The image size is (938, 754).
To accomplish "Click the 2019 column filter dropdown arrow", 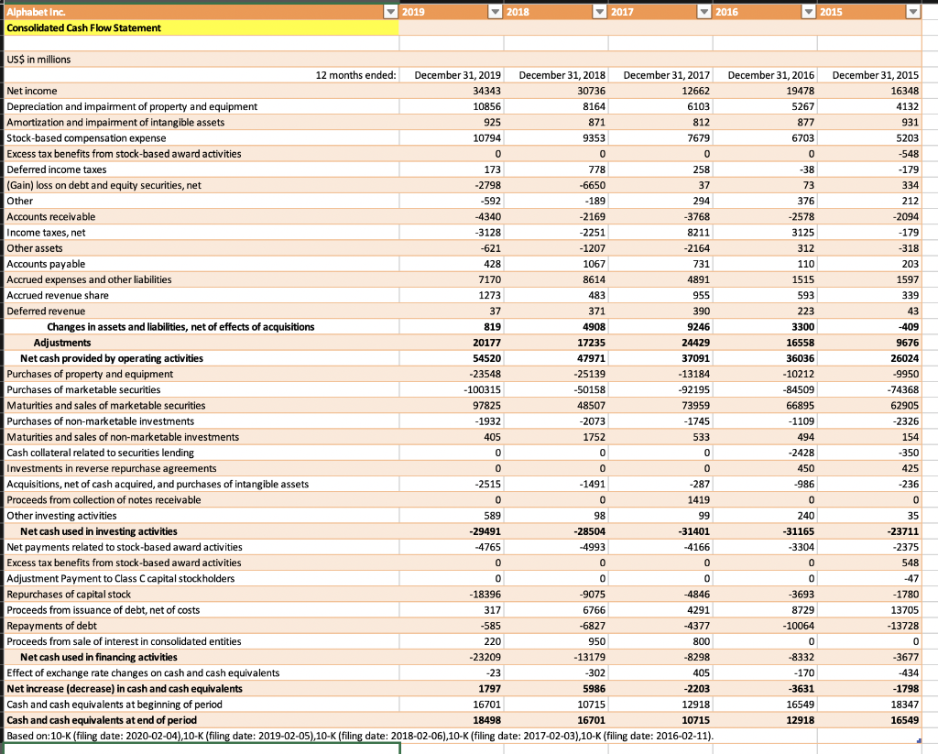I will (x=391, y=12).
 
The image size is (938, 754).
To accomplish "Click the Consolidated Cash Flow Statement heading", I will (x=83, y=27).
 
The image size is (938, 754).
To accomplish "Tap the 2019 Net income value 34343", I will (x=485, y=91).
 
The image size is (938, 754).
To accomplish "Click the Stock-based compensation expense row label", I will (x=87, y=137).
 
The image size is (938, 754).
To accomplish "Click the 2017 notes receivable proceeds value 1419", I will (x=696, y=499).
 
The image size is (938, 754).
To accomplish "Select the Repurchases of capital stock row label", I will (x=69, y=594).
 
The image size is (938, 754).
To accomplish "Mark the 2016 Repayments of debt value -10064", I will (x=797, y=625).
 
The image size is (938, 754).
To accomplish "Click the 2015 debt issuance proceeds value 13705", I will (x=901, y=609).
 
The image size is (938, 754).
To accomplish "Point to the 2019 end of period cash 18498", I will (x=485, y=720).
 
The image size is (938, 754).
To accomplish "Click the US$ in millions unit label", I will (x=38, y=60).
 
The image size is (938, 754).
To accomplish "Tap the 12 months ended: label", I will (x=355, y=75).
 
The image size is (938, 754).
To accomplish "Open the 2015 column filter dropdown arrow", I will (x=911, y=12).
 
